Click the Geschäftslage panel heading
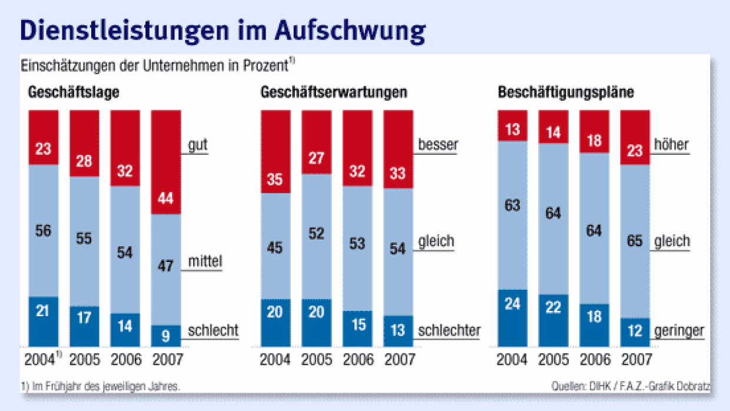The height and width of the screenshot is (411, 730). tap(74, 92)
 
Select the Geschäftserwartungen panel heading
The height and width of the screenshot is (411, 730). tap(334, 92)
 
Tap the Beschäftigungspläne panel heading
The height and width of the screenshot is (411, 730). tap(566, 92)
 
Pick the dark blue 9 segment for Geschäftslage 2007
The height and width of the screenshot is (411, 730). tap(166, 336)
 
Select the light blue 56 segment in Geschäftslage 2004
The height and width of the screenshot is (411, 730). tap(44, 231)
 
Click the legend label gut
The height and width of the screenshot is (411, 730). tap(198, 145)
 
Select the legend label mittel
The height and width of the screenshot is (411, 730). tap(205, 261)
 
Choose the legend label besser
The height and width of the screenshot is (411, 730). tap(437, 144)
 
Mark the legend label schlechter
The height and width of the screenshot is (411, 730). tap(449, 331)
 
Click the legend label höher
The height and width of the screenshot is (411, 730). tap(671, 144)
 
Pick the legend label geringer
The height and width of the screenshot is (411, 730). tap(678, 331)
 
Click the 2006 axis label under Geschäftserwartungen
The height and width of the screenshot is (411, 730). tap(357, 359)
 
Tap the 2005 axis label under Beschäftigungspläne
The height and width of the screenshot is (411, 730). tap(553, 359)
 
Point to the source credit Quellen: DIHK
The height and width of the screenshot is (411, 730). tap(589, 387)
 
